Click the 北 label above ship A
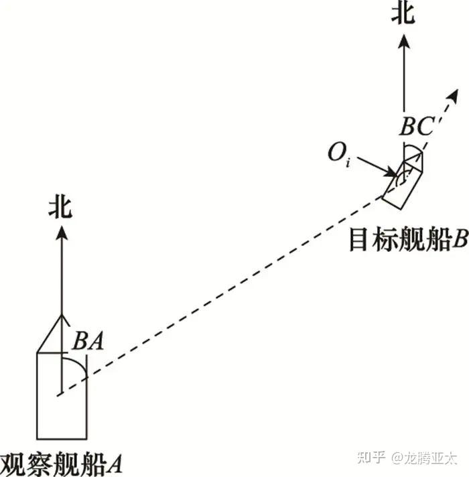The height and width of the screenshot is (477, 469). (60, 206)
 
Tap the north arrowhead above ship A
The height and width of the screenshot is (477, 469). (61, 232)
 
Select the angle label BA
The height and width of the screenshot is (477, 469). (88, 342)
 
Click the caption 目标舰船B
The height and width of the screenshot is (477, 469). (407, 240)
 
